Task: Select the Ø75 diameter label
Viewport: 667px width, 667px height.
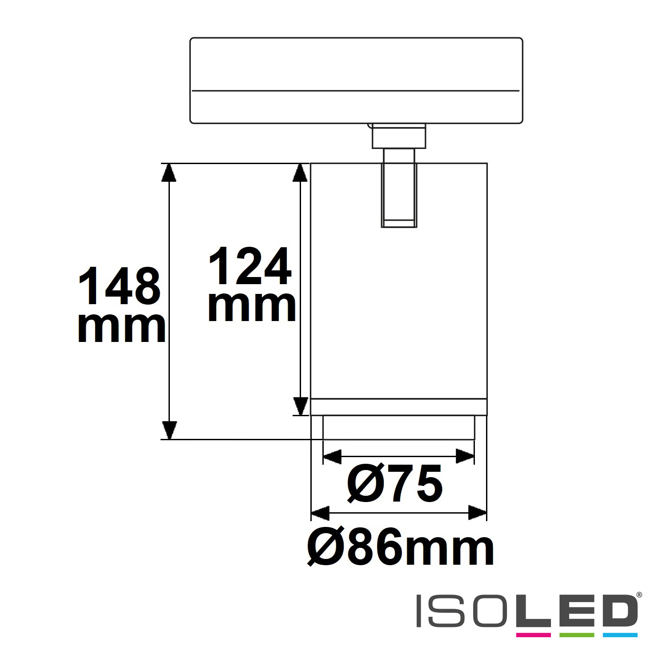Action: (x=394, y=483)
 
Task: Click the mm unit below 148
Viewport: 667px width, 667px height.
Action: (x=121, y=328)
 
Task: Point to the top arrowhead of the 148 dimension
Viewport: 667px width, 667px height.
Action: (x=169, y=173)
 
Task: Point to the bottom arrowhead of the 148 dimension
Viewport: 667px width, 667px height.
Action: (x=169, y=430)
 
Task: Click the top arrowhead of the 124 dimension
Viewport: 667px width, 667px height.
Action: (x=301, y=173)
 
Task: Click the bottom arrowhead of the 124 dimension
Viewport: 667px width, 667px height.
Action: (x=301, y=406)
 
